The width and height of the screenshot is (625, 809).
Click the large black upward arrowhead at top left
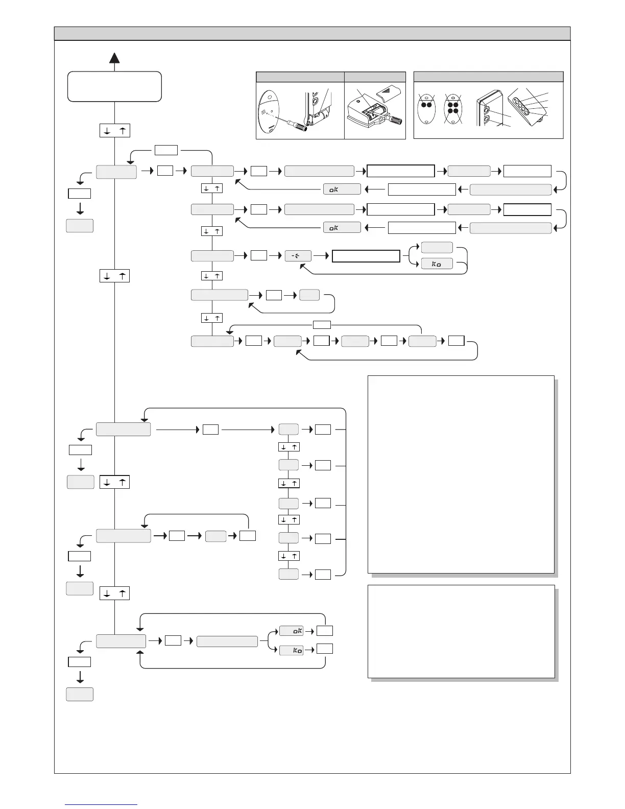(x=114, y=58)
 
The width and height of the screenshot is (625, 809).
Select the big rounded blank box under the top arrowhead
(x=114, y=86)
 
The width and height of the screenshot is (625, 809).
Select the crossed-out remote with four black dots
(x=452, y=108)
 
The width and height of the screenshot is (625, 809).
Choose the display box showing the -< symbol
(x=298, y=256)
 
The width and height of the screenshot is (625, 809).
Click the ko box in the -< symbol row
(x=437, y=265)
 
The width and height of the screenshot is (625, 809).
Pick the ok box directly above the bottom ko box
(x=291, y=631)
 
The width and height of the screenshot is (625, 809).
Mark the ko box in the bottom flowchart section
(x=291, y=650)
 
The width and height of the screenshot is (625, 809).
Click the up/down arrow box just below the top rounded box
(x=114, y=131)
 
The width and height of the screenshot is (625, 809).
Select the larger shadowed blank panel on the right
(x=461, y=474)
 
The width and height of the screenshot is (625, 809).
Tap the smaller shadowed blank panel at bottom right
(x=461, y=631)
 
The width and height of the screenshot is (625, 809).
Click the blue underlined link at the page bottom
(x=102, y=804)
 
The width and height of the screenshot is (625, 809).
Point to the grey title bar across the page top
(x=312, y=34)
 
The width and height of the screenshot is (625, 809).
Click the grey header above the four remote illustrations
(x=488, y=77)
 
